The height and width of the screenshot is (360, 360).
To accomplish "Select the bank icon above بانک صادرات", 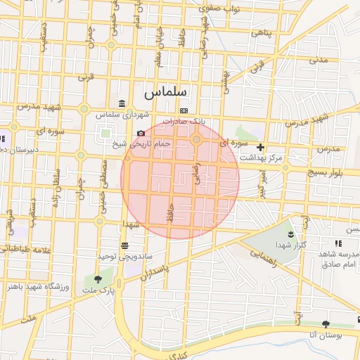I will pyautogui.click(x=184, y=110).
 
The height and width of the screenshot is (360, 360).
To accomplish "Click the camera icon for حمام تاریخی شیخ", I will pyautogui.click(x=141, y=134).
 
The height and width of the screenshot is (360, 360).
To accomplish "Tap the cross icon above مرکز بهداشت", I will pyautogui.click(x=260, y=148).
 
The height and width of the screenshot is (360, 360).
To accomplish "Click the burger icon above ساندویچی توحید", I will pyautogui.click(x=124, y=245).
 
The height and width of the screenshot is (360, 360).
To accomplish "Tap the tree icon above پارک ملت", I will pyautogui.click(x=98, y=280).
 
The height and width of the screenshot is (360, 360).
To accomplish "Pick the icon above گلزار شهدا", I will pyautogui.click(x=292, y=233).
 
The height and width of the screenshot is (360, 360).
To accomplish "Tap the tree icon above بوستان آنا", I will pyautogui.click(x=326, y=324).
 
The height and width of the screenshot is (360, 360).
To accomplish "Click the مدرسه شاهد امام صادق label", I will pyautogui.click(x=339, y=258).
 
